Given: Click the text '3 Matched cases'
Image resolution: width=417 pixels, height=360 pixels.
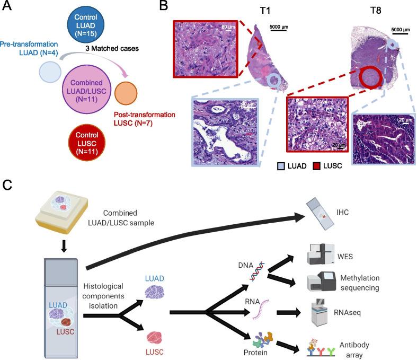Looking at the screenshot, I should pyautogui.click(x=112, y=48).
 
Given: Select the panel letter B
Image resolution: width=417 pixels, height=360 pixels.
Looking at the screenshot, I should pyautogui.click(x=164, y=7).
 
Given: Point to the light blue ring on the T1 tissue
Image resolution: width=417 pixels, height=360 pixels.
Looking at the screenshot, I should pyautogui.click(x=274, y=81).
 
